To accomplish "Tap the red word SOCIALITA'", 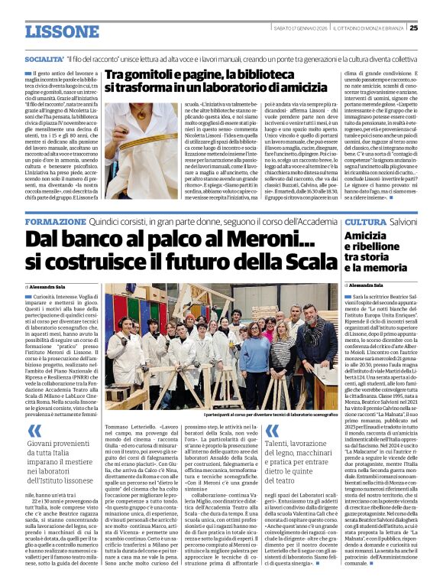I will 44,58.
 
